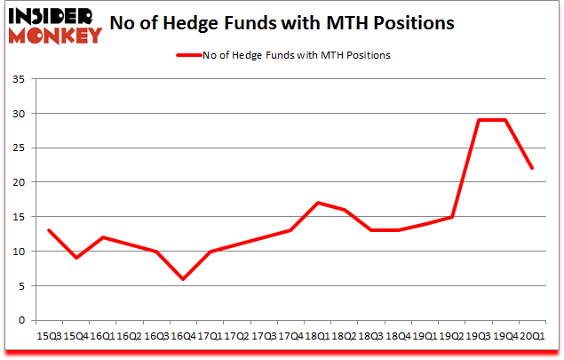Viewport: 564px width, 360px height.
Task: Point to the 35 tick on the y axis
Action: [x=20, y=80]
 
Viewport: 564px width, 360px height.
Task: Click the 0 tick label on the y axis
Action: [x=22, y=320]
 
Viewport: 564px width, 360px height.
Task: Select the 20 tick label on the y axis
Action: [x=20, y=182]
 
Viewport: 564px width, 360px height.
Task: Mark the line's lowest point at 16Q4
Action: [x=182, y=278]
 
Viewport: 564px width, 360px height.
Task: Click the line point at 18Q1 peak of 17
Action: [x=318, y=203]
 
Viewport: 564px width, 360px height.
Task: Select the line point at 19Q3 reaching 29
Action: [x=480, y=120]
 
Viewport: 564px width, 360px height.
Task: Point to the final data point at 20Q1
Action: [x=533, y=168]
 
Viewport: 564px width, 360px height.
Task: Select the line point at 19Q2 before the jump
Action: [x=453, y=216]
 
